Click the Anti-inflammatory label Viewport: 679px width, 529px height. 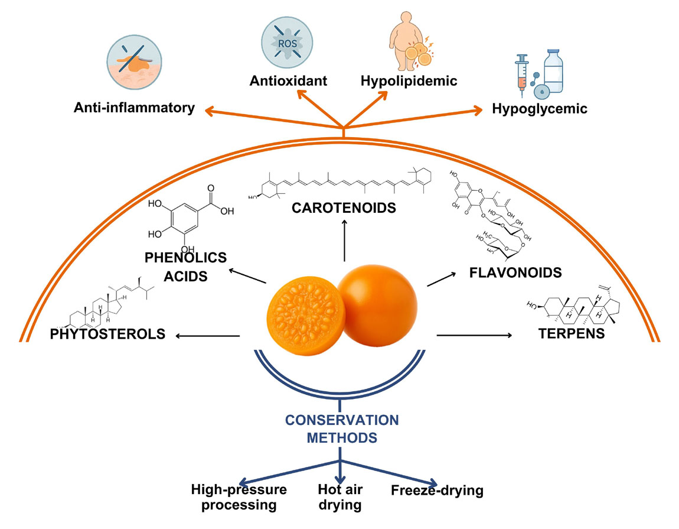point(134,108)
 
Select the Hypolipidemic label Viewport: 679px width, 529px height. point(409,80)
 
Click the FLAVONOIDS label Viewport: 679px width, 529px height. point(514,272)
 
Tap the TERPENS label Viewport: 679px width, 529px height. point(572,333)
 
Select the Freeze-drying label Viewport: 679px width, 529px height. point(437,490)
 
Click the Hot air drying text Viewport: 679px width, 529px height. point(340,497)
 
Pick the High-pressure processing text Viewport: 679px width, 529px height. point(239,497)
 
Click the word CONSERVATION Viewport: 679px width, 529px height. point(342,420)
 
